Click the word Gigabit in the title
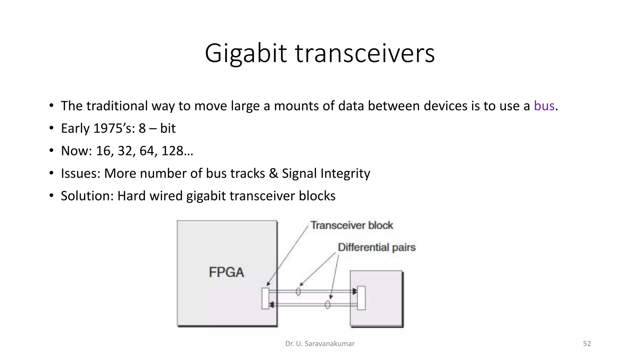click(x=246, y=54)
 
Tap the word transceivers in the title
click(x=365, y=54)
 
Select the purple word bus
click(x=544, y=106)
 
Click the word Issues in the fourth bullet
click(x=80, y=173)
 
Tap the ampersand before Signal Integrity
click(x=273, y=173)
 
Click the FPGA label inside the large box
click(x=226, y=272)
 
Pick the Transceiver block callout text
click(x=352, y=225)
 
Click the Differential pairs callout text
click(x=377, y=247)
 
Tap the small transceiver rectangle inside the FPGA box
click(x=265, y=298)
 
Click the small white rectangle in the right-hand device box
click(x=361, y=298)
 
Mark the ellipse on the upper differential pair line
click(x=298, y=292)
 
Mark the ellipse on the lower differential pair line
click(x=327, y=304)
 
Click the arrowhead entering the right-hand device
click(x=354, y=292)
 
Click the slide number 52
click(x=587, y=344)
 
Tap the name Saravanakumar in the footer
click(x=329, y=344)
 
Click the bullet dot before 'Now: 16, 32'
click(x=51, y=151)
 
